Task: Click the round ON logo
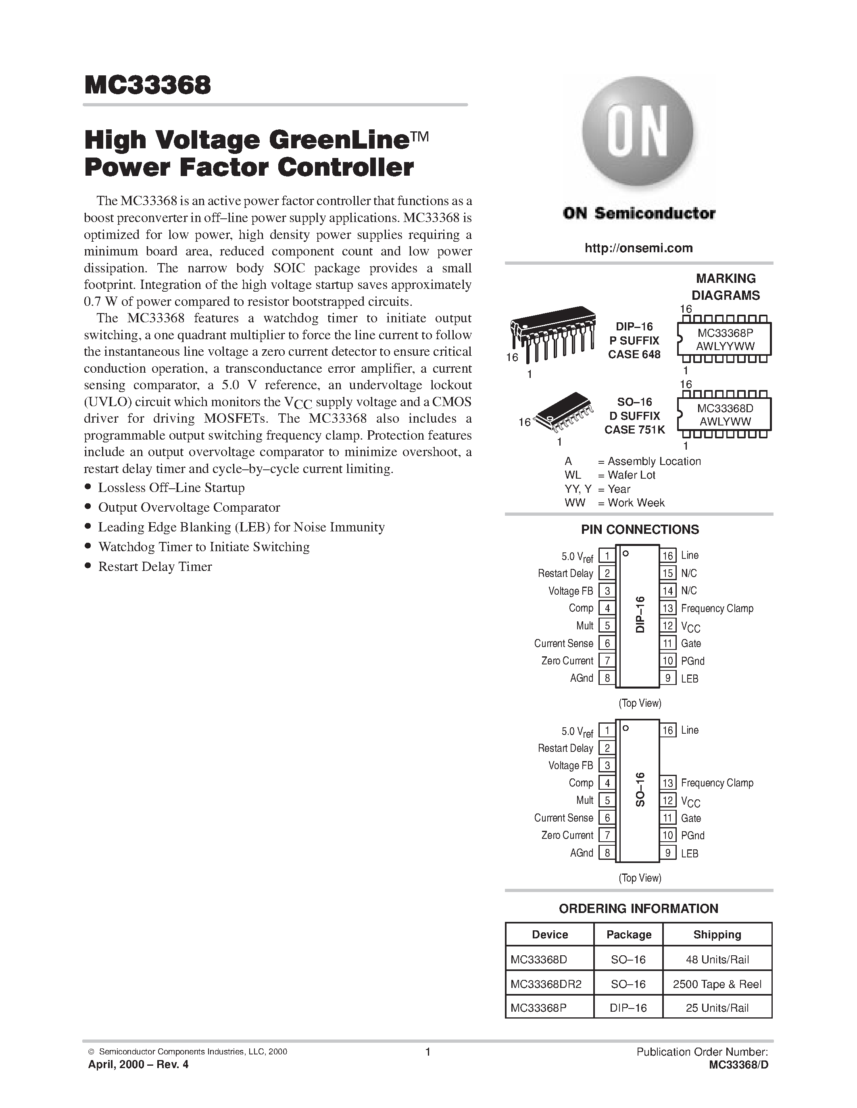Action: tap(638, 132)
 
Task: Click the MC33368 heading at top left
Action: tap(148, 85)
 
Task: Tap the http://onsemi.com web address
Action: tap(639, 248)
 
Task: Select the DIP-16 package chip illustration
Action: tap(553, 332)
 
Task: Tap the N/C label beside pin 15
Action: tap(689, 573)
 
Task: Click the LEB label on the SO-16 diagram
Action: tap(690, 853)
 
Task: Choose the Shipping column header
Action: tap(717, 934)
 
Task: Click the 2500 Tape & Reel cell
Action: tap(717, 984)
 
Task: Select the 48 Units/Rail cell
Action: tap(717, 960)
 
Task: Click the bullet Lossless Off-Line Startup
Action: tap(171, 488)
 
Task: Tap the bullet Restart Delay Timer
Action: tap(155, 566)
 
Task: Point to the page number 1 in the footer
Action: tap(427, 1052)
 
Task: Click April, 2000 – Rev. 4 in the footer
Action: tap(138, 1064)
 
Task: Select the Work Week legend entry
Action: tap(614, 503)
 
